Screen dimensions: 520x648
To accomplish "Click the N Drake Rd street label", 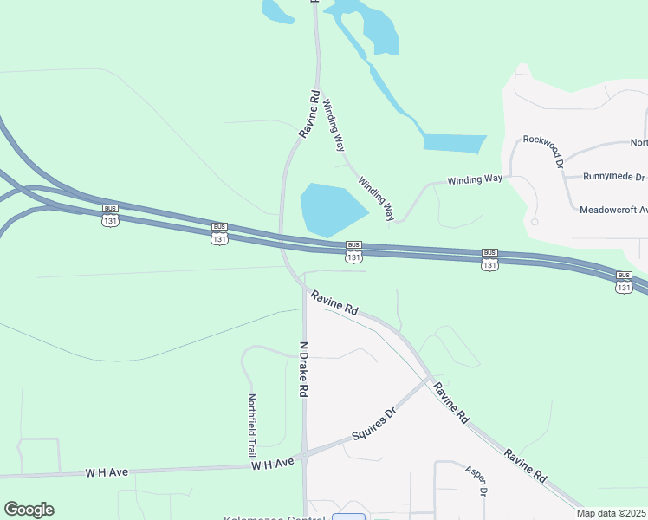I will pyautogui.click(x=304, y=369).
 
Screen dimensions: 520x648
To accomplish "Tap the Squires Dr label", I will pyautogui.click(x=373, y=424).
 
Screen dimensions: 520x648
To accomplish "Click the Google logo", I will pyautogui.click(x=29, y=510).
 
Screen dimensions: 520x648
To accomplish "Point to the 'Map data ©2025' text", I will pyautogui.click(x=612, y=513).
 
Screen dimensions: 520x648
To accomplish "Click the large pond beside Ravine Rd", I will pyautogui.click(x=333, y=209).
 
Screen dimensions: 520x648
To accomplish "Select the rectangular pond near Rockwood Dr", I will pyautogui.click(x=455, y=143).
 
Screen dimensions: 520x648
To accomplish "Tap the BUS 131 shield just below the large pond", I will pyautogui.click(x=353, y=252).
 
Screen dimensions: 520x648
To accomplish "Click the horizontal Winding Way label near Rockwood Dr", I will pyautogui.click(x=475, y=179).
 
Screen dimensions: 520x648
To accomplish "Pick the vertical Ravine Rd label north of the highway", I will pyautogui.click(x=309, y=114).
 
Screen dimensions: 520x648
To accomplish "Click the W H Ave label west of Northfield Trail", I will pyautogui.click(x=107, y=472).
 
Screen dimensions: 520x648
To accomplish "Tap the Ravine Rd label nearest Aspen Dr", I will pyautogui.click(x=526, y=465).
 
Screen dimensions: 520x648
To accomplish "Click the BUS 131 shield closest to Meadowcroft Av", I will pyautogui.click(x=624, y=282).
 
